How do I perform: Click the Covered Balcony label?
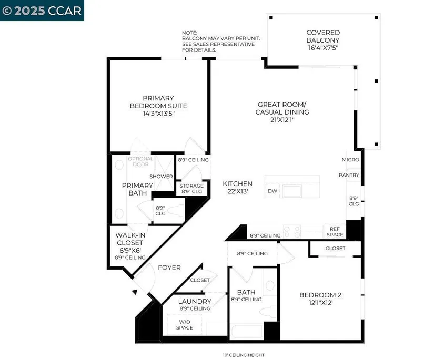[323, 36]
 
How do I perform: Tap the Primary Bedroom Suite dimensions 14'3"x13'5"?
[158, 114]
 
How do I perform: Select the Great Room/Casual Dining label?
[282, 108]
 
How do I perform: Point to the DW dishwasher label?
[272, 191]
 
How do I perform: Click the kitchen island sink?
[292, 191]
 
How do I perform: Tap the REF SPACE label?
[335, 232]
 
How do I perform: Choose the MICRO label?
[350, 160]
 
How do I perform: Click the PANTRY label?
[349, 175]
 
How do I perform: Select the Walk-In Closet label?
[130, 239]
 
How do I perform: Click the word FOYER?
[169, 268]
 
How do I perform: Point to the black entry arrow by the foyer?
[135, 292]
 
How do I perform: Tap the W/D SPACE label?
[184, 325]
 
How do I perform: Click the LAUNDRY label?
[195, 301]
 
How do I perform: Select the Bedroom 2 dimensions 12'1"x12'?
[320, 303]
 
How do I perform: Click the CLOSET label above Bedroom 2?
[335, 248]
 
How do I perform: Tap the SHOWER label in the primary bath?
[161, 177]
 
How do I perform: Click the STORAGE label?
[191, 186]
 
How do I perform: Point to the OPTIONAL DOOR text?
[140, 161]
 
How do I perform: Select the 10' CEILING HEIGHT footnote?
[244, 355]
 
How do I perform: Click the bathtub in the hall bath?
[246, 331]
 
